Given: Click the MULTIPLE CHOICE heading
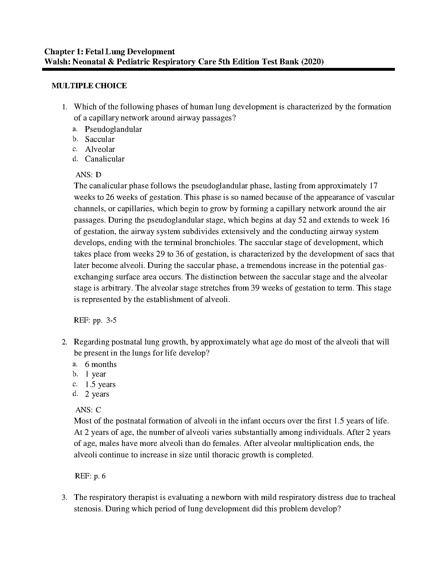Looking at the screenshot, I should coord(89,86).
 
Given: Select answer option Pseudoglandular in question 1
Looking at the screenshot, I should coord(113,129).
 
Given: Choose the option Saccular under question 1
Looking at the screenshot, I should coord(100,139).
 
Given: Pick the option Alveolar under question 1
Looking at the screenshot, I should coord(100,149).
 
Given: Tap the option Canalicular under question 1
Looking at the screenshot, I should coord(105,159).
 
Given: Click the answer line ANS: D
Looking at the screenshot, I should coord(89,175).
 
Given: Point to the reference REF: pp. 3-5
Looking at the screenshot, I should coord(95,320).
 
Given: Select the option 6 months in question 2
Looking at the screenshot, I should coord(101,364).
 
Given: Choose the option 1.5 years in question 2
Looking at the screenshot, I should coord(100,384).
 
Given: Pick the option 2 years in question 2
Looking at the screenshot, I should coord(97,394).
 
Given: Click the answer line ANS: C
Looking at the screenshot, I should coord(89,410).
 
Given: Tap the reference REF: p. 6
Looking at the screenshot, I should coord(90,476).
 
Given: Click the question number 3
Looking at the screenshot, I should coord(64,497).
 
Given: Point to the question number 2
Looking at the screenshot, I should coord(64,342).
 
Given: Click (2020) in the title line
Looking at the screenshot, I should coord(312,62).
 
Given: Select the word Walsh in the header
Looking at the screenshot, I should coord(56,62).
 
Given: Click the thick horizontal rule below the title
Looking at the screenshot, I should coord(218,70).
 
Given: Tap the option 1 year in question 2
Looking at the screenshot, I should coord(95,374).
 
